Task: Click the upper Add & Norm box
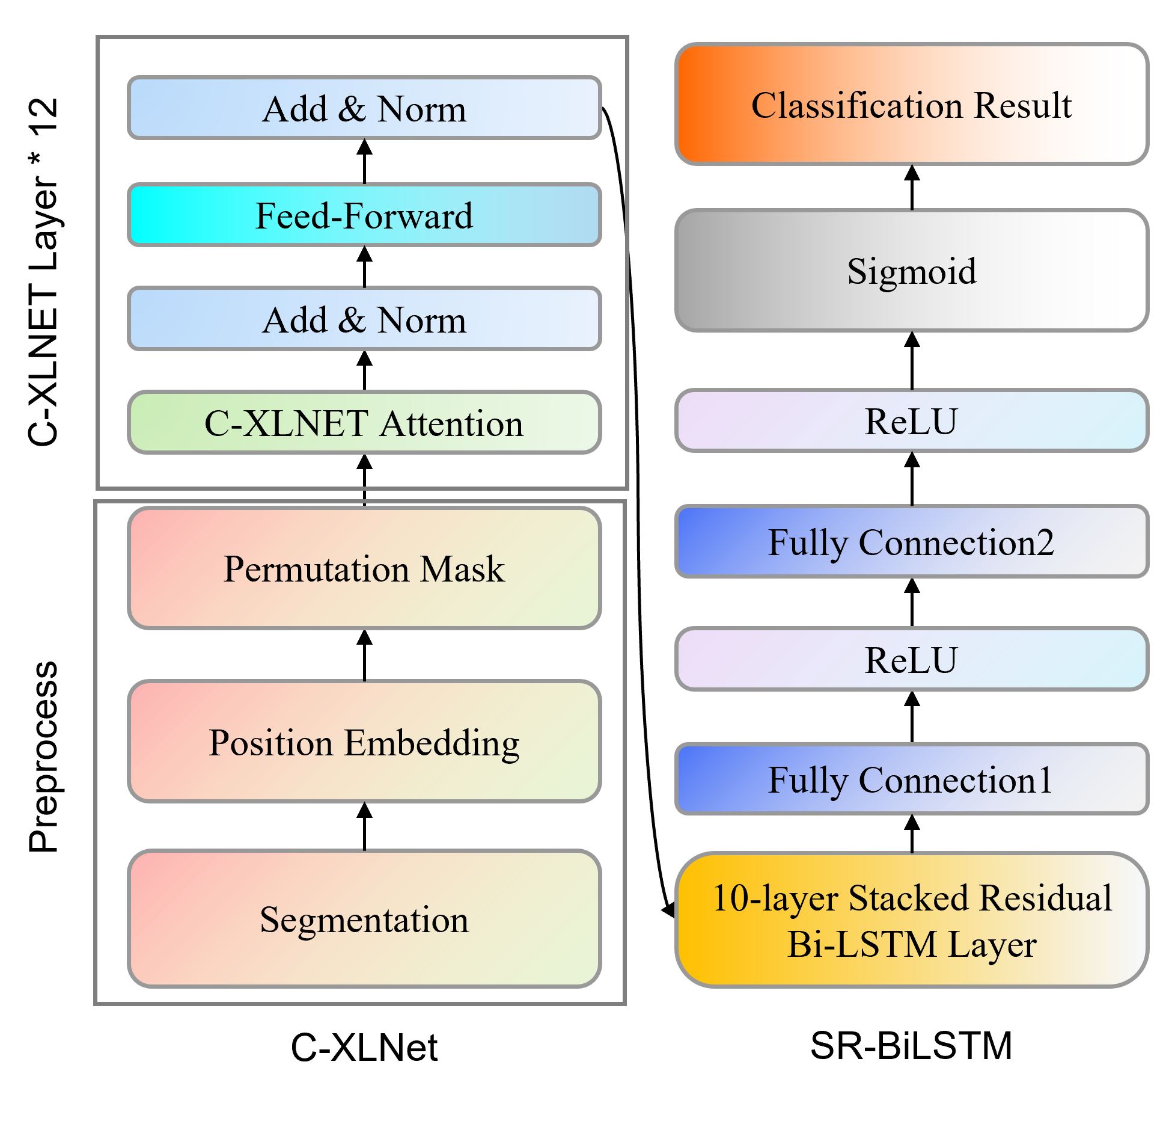pyautogui.click(x=364, y=108)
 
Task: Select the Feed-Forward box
pyautogui.click(x=364, y=215)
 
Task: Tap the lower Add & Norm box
pyautogui.click(x=364, y=319)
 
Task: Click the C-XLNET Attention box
pyautogui.click(x=364, y=423)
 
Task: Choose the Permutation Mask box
pyautogui.click(x=364, y=568)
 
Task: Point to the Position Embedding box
pyautogui.click(x=364, y=742)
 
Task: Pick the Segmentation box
pyautogui.click(x=364, y=919)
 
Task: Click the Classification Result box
pyautogui.click(x=912, y=105)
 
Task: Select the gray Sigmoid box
pyautogui.click(x=912, y=271)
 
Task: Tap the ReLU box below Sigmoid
pyautogui.click(x=912, y=420)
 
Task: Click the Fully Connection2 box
pyautogui.click(x=912, y=542)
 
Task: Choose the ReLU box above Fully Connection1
pyautogui.click(x=912, y=660)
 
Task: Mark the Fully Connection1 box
pyautogui.click(x=912, y=779)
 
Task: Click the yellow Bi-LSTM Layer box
pyautogui.click(x=912, y=920)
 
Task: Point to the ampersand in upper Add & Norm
pyautogui.click(x=352, y=109)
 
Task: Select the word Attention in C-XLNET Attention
pyautogui.click(x=452, y=423)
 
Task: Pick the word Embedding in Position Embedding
pyautogui.click(x=432, y=743)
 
